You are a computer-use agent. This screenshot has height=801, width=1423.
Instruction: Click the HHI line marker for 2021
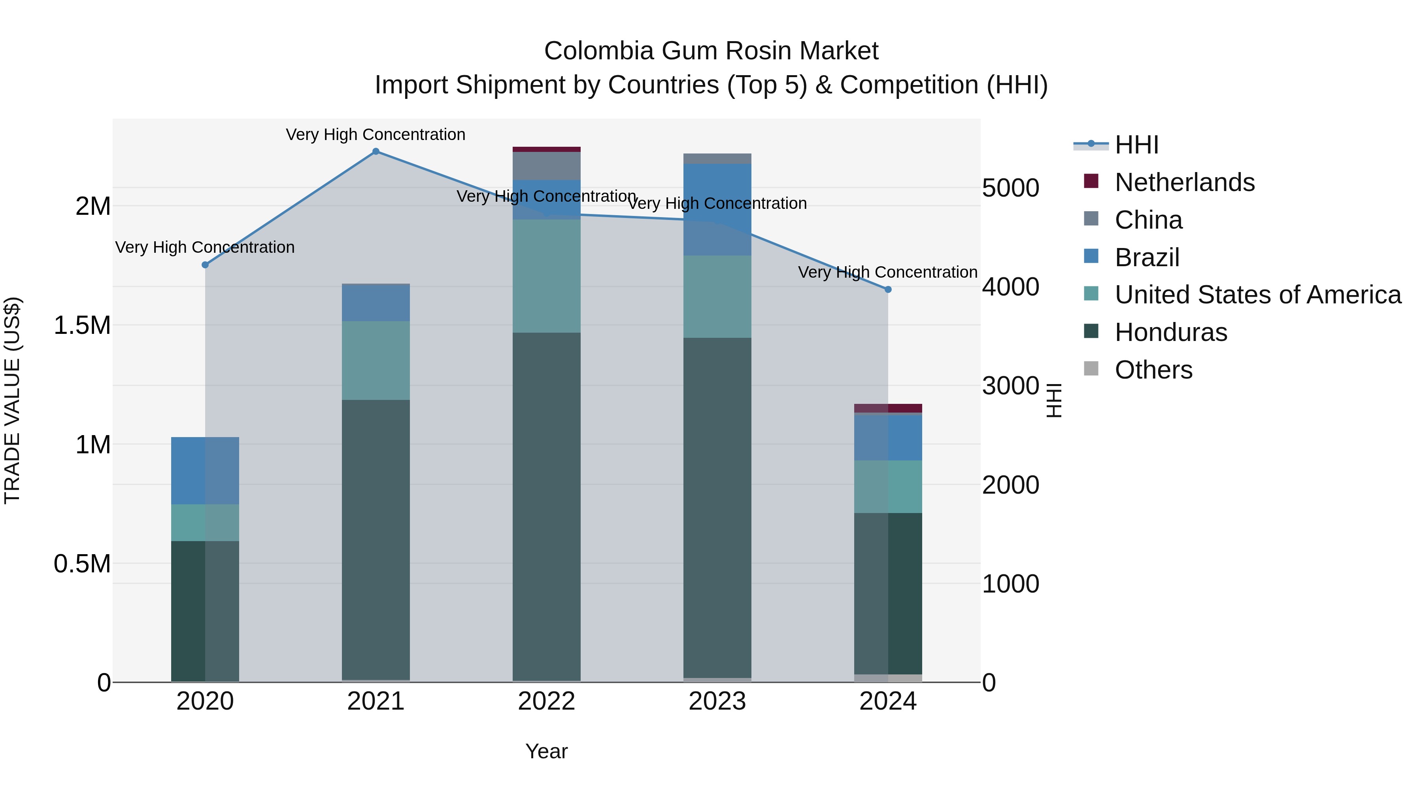click(376, 151)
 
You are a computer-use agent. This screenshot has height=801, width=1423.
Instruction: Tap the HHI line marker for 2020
click(205, 265)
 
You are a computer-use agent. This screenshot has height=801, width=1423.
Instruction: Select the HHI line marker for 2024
click(888, 290)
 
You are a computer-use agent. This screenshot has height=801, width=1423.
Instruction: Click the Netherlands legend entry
click(1184, 182)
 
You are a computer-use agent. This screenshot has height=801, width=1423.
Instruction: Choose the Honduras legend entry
click(1170, 332)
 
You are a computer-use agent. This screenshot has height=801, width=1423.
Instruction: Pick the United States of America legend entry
click(1257, 295)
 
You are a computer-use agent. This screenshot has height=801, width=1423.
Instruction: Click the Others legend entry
click(1153, 370)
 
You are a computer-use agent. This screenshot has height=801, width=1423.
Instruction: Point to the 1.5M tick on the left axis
click(82, 325)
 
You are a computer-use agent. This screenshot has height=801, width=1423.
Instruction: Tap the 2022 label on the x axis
click(546, 701)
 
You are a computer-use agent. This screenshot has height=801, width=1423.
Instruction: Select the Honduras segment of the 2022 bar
click(546, 506)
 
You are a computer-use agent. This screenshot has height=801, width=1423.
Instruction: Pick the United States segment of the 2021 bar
click(376, 360)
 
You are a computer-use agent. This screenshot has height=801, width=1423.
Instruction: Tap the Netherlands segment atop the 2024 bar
click(888, 408)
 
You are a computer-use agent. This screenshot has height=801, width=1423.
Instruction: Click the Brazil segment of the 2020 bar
click(205, 470)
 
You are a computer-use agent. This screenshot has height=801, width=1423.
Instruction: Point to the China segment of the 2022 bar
click(546, 166)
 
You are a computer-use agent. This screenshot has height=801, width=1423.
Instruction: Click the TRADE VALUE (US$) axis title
click(12, 400)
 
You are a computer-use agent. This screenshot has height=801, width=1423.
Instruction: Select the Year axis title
click(546, 751)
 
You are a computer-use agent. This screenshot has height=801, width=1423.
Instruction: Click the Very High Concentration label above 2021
click(376, 134)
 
